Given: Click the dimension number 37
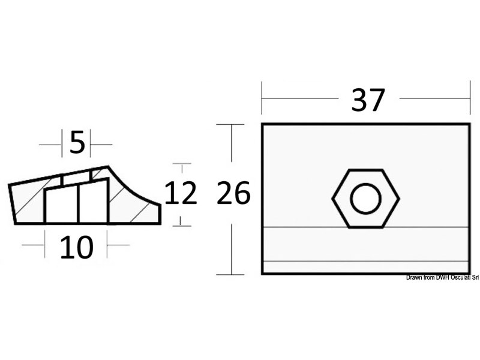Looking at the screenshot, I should click(x=368, y=100).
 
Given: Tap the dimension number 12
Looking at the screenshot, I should click(x=181, y=194).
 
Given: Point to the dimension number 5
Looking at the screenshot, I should click(x=77, y=143).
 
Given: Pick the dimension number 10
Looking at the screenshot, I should click(x=76, y=247).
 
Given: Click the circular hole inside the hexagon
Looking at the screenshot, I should click(x=366, y=199).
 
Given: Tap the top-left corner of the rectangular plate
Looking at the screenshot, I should click(x=262, y=124).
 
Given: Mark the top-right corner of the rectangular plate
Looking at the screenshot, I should click(x=469, y=124).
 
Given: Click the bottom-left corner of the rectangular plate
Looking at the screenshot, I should click(x=262, y=274).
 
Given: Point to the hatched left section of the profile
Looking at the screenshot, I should click(x=27, y=204).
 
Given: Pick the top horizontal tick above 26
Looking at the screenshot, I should click(x=230, y=124).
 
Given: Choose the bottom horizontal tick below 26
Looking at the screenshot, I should click(x=230, y=274).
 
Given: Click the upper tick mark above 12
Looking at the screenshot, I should click(x=181, y=163).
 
